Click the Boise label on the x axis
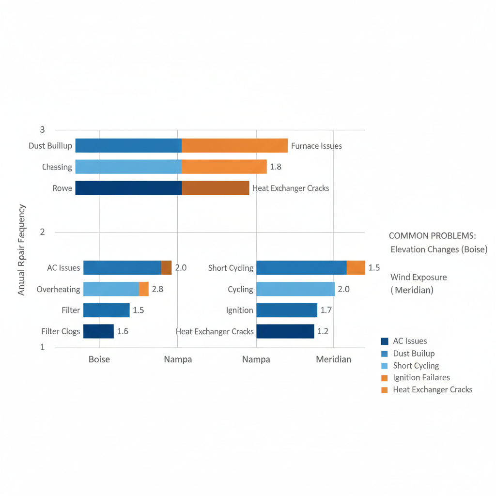(99, 359)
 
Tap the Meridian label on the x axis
(333, 359)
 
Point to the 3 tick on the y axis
(42, 129)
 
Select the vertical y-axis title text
(22, 250)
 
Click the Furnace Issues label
(316, 146)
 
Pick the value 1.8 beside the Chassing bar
(276, 167)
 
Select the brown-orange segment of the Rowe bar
(216, 188)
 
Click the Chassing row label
(57, 167)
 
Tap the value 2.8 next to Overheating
(157, 289)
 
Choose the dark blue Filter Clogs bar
(98, 331)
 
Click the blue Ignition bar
(286, 310)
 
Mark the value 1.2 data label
(322, 331)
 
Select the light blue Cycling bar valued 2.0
(295, 289)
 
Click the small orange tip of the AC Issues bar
(166, 267)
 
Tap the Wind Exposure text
(418, 278)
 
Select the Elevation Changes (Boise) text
(439, 249)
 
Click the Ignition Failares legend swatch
(385, 378)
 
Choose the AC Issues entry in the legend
(410, 341)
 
